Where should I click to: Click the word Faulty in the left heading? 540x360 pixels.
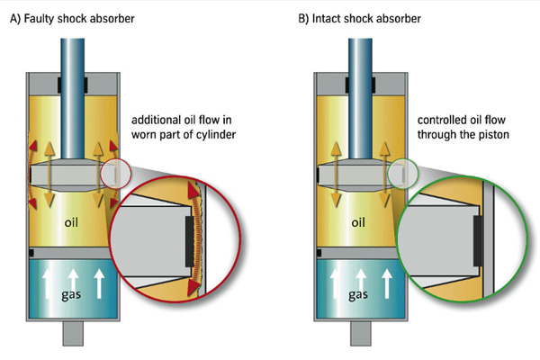pos(39,19)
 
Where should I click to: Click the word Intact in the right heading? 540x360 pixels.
pos(326,19)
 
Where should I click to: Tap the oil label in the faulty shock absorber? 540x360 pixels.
pos(71,222)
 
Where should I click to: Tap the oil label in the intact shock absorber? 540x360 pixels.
pos(358,222)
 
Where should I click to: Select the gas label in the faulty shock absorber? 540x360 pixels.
pos(71,294)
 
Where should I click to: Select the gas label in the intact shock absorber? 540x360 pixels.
pos(358,294)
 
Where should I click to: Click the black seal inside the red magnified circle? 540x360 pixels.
pos(190,241)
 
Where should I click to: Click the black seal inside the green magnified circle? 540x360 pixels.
pos(477,241)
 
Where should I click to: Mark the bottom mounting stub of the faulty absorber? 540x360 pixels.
pos(73,334)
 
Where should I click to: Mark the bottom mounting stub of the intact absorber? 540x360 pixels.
pos(361,334)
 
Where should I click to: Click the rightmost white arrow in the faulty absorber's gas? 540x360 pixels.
pos(99,283)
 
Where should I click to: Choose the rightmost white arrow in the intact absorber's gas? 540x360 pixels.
pos(387,283)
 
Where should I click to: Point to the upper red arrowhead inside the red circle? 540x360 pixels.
pos(193,191)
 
